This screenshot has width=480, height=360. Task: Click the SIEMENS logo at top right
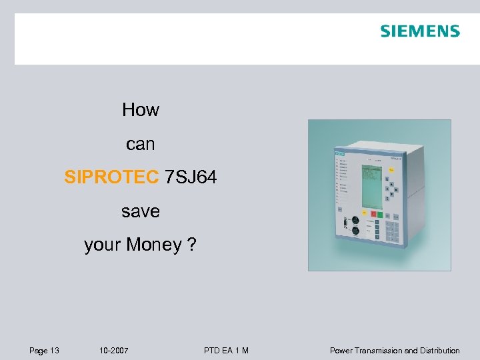click(420, 31)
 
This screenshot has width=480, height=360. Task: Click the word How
click(141, 110)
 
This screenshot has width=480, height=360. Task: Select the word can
click(141, 144)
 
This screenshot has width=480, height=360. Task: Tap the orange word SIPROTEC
click(112, 177)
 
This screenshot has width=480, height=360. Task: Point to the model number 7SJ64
click(191, 177)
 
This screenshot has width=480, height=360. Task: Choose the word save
click(141, 211)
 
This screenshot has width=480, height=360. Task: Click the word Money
click(154, 245)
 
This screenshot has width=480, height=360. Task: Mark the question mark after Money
click(192, 245)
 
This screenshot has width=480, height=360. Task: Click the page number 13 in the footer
click(54, 351)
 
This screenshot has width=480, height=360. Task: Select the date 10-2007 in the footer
click(114, 351)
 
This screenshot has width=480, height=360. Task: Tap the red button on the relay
click(375, 215)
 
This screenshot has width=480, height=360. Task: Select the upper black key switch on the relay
click(355, 219)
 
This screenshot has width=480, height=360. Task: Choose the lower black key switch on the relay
click(355, 231)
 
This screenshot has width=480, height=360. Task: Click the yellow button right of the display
click(391, 170)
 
